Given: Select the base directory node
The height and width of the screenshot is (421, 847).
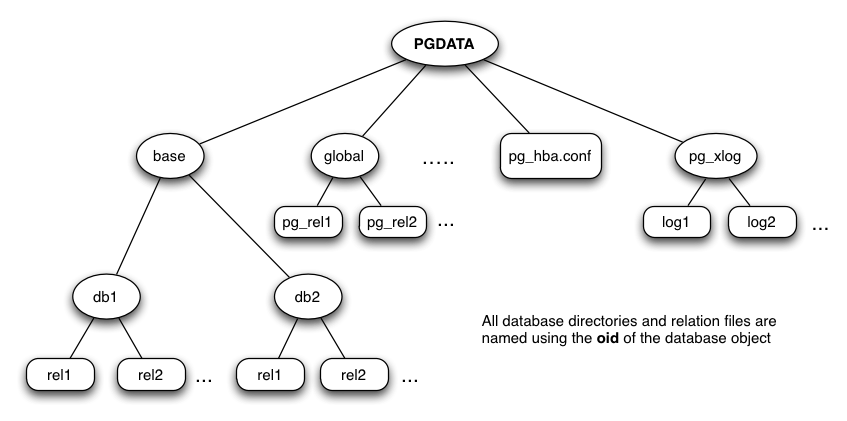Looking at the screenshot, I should point(169,156).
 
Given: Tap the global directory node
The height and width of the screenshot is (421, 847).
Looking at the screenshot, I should point(344,156).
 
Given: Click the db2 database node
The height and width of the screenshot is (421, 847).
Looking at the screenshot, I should point(306,297).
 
